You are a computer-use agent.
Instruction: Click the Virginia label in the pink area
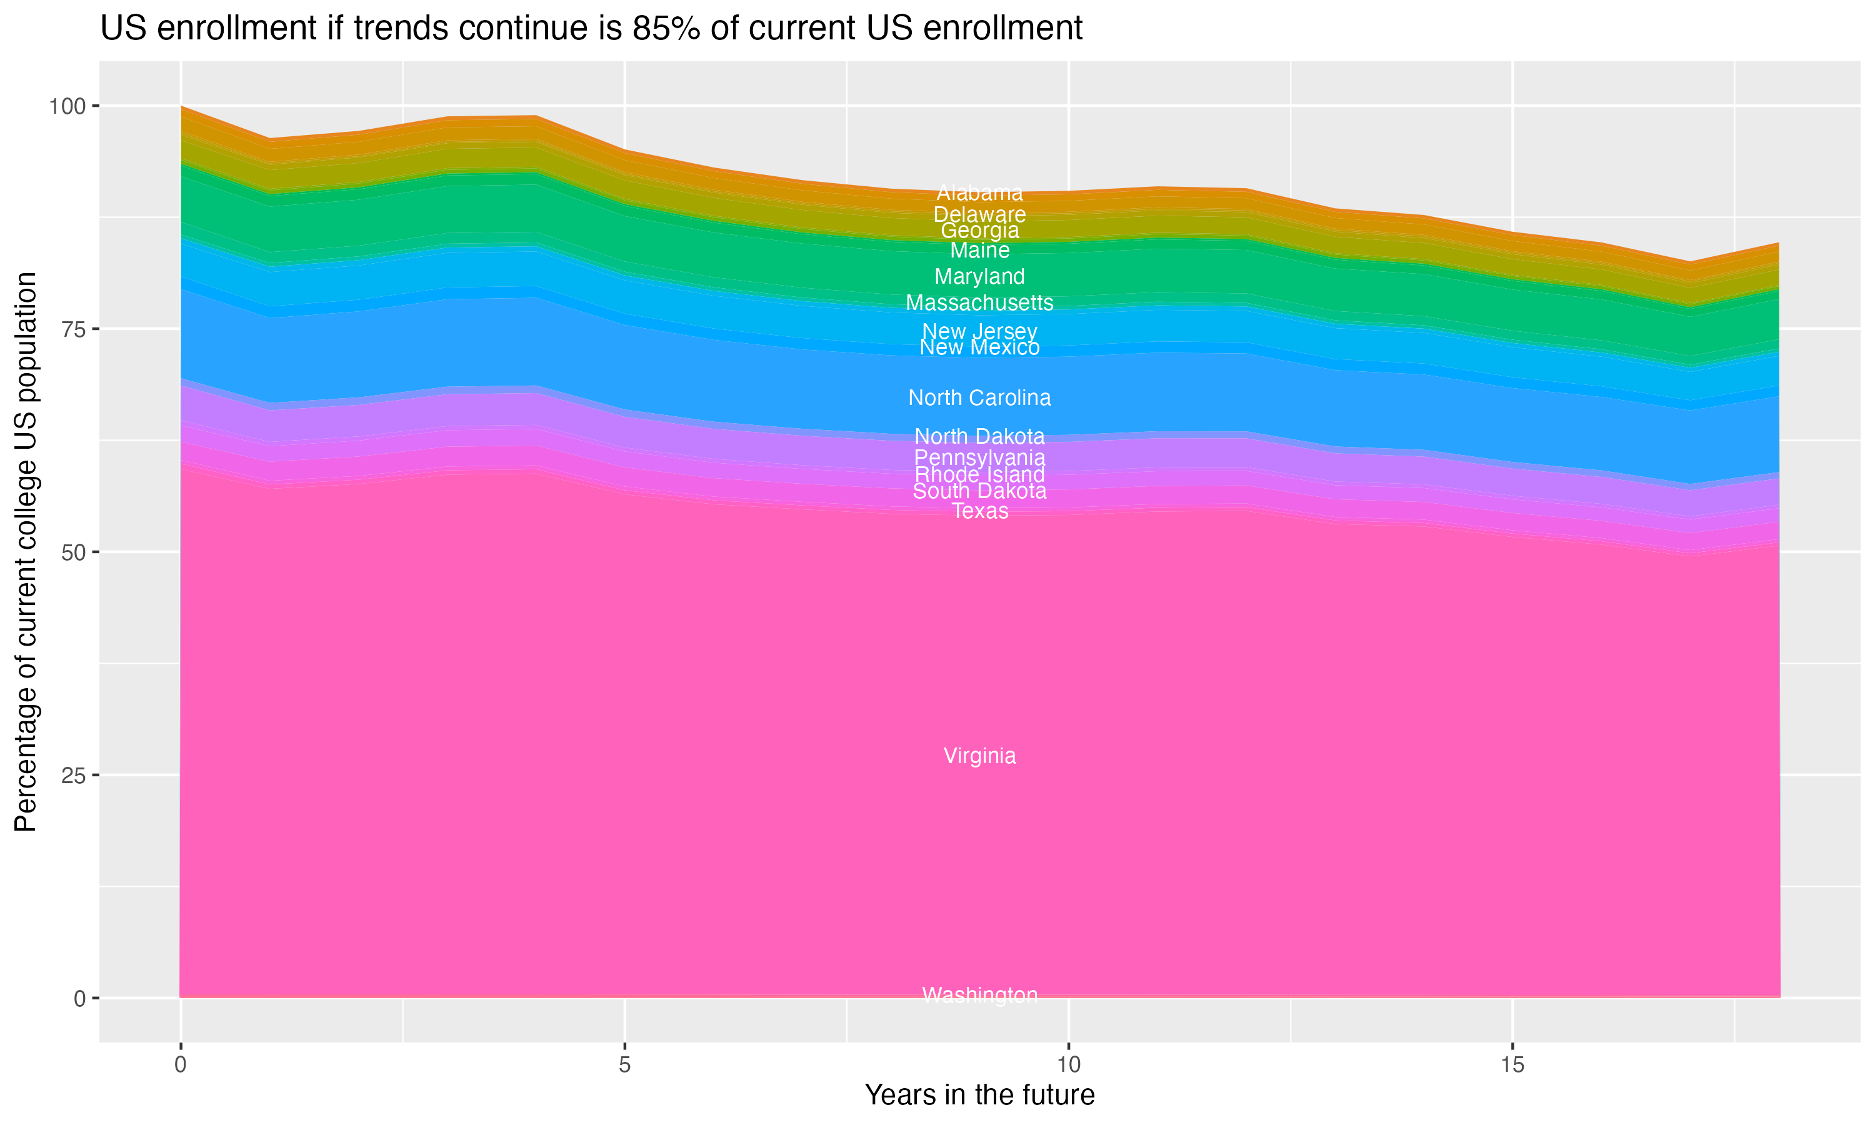979,756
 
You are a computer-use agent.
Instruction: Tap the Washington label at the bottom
979,994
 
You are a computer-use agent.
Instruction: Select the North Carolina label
979,398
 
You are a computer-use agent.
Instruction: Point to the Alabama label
979,193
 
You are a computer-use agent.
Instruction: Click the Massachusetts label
979,303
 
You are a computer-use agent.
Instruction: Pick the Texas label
979,512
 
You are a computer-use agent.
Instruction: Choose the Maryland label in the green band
979,277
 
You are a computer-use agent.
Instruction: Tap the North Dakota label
979,437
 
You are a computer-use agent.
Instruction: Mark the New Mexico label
979,348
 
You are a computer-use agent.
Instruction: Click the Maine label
979,251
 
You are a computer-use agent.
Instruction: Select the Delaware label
979,214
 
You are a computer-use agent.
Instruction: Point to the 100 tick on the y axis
67,106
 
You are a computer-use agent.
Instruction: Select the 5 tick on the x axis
624,1065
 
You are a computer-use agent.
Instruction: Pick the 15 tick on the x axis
1512,1065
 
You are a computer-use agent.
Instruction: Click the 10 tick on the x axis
1068,1065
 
